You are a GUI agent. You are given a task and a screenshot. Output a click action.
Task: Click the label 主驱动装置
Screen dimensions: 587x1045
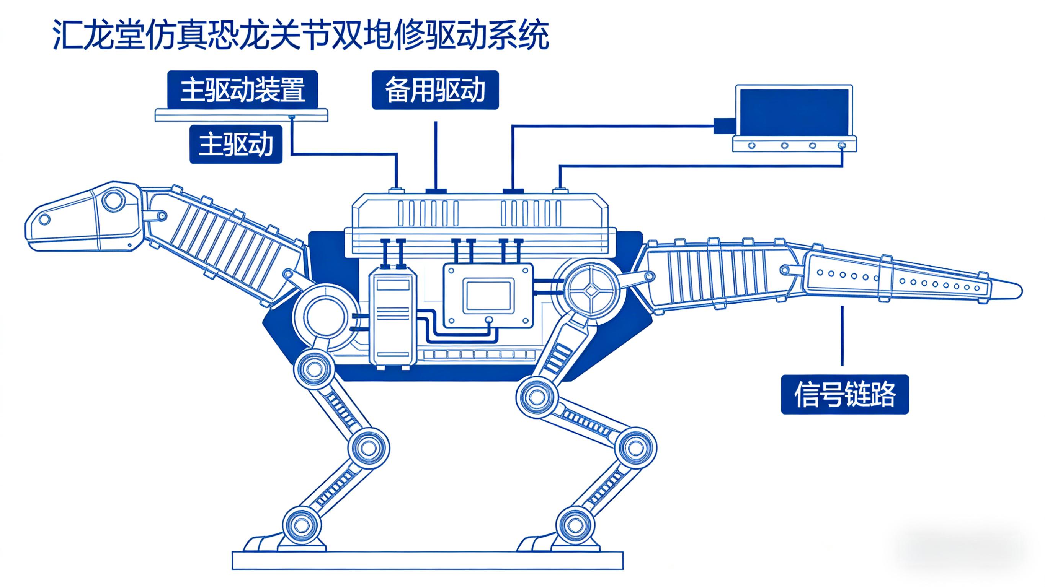point(242,89)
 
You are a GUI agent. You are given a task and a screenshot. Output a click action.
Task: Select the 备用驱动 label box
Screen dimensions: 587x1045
point(435,89)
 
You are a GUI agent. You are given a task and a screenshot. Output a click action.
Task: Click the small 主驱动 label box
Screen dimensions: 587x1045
point(236,144)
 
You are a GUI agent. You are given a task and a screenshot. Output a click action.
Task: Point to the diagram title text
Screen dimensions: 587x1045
point(301,36)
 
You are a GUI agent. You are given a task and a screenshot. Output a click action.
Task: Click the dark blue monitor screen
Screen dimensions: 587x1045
point(794,112)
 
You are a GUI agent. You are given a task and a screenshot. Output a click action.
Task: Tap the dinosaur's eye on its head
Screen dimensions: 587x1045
point(44,220)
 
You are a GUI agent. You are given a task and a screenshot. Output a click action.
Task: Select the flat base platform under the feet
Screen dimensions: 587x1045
point(428,560)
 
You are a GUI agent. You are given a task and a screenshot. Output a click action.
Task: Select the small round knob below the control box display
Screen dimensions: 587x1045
point(489,320)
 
